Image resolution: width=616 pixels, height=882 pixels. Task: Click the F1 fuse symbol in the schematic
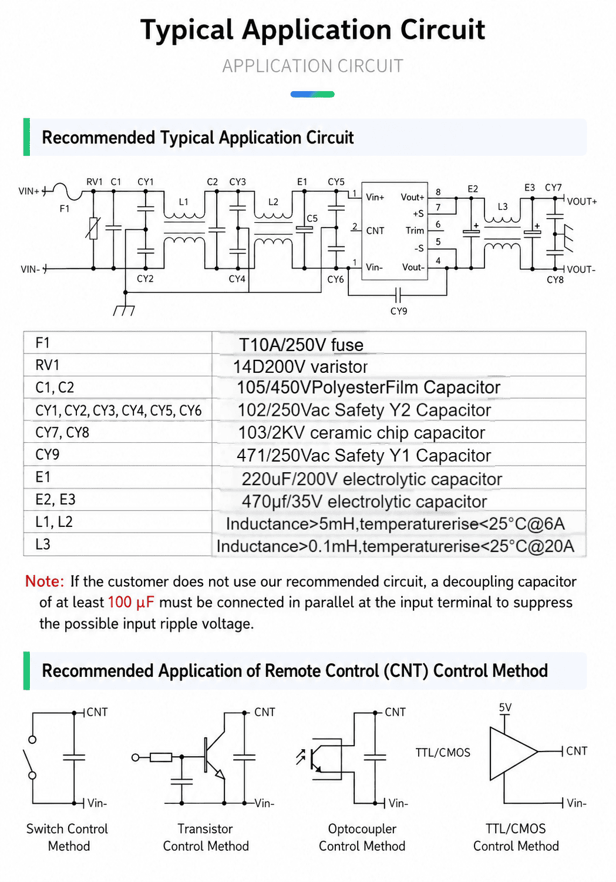click(67, 191)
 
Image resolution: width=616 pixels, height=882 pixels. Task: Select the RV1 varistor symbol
click(93, 228)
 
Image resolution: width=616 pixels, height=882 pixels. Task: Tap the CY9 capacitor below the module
click(398, 293)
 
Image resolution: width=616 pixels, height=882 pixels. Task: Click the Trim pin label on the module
click(415, 230)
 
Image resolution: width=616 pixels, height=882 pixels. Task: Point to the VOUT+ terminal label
click(582, 202)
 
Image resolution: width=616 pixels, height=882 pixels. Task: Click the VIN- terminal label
click(31, 270)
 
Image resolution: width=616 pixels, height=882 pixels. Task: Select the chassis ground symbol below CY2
click(124, 310)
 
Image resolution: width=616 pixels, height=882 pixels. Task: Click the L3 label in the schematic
click(503, 207)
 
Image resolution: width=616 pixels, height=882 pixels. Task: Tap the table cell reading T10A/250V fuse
click(301, 345)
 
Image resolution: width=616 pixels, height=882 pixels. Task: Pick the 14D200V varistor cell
click(300, 367)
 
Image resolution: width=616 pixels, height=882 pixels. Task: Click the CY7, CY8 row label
click(62, 433)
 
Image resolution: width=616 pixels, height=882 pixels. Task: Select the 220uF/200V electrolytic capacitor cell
click(372, 479)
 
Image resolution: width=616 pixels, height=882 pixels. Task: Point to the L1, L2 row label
click(54, 522)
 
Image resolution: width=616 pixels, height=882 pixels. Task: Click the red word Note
click(45, 582)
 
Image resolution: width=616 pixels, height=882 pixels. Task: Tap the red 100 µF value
click(131, 603)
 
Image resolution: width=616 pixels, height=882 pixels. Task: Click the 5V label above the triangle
click(505, 708)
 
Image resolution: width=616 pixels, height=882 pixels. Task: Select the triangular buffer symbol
click(513, 753)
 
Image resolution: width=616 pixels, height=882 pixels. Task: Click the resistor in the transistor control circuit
click(161, 757)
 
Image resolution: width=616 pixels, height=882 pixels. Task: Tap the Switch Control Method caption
click(67, 837)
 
